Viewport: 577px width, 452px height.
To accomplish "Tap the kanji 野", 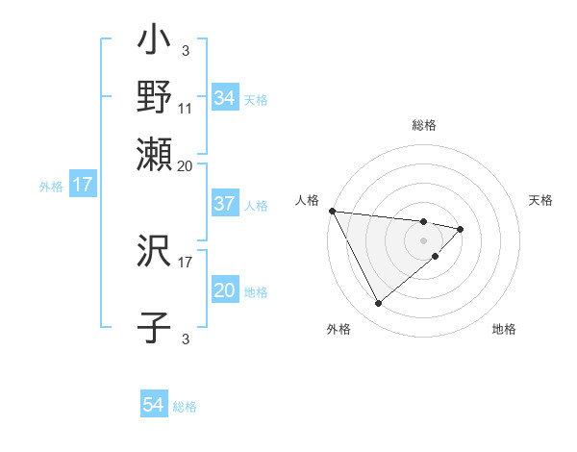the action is click(x=155, y=96).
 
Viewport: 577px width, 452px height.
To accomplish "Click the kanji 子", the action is click(x=155, y=327).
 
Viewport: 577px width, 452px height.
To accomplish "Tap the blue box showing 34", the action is click(x=224, y=98).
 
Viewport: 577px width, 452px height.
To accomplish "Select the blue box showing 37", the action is click(x=224, y=204).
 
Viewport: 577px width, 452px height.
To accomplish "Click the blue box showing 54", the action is click(x=154, y=405).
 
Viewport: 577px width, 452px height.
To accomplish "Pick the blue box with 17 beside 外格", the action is click(x=82, y=185).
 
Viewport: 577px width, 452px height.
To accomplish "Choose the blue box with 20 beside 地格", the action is click(x=224, y=290).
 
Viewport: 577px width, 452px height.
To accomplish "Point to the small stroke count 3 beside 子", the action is click(x=186, y=338).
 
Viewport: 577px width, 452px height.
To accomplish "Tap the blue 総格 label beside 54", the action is click(x=185, y=407).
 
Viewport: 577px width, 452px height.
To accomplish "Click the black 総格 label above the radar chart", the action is click(x=424, y=125).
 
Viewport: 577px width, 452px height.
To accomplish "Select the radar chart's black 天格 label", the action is click(x=540, y=200).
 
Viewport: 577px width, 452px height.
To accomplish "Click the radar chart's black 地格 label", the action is click(x=504, y=330).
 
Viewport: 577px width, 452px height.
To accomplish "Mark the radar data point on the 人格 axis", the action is click(x=332, y=210).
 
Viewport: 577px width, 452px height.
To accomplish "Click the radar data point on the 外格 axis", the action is click(x=378, y=304).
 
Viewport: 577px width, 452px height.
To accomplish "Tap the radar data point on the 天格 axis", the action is click(x=461, y=229).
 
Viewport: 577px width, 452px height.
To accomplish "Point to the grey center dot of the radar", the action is click(x=423, y=239).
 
